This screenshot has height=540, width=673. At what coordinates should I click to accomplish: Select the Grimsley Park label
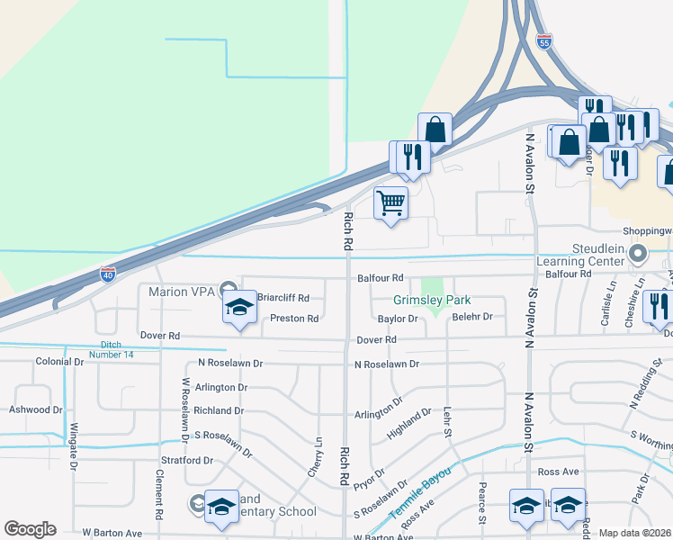click(432, 301)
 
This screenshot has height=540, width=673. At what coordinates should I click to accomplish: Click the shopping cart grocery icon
click(391, 203)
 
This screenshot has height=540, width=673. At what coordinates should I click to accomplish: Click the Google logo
click(31, 529)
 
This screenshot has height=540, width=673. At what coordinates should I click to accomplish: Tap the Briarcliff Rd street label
click(283, 298)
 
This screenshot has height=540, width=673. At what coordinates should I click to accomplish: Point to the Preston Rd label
click(294, 319)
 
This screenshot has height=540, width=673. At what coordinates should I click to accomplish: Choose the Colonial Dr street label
click(59, 362)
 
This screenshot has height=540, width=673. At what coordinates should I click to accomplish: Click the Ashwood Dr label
click(36, 409)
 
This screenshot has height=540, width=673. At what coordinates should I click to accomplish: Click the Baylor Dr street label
click(399, 319)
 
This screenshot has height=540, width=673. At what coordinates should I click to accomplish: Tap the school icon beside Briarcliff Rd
click(240, 308)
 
